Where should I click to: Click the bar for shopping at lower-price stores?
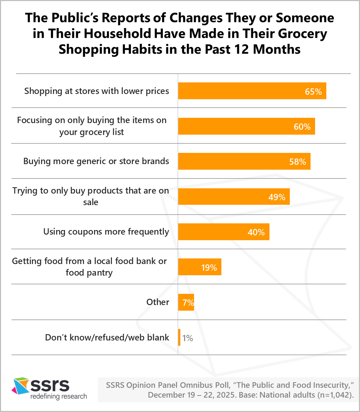[252, 91]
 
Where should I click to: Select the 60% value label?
[302, 127]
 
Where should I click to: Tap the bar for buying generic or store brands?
[244, 161]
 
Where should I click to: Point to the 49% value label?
[277, 197]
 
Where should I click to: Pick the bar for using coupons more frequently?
[224, 232]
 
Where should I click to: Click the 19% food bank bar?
[200, 267]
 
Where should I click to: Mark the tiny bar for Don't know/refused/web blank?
[179, 337]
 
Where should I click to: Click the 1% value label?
[188, 338]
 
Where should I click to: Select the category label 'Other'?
[158, 302]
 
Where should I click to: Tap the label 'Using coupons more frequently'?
[106, 232]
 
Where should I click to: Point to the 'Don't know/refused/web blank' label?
[107, 338]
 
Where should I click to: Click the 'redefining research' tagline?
[59, 397]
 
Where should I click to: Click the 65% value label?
[313, 92]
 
